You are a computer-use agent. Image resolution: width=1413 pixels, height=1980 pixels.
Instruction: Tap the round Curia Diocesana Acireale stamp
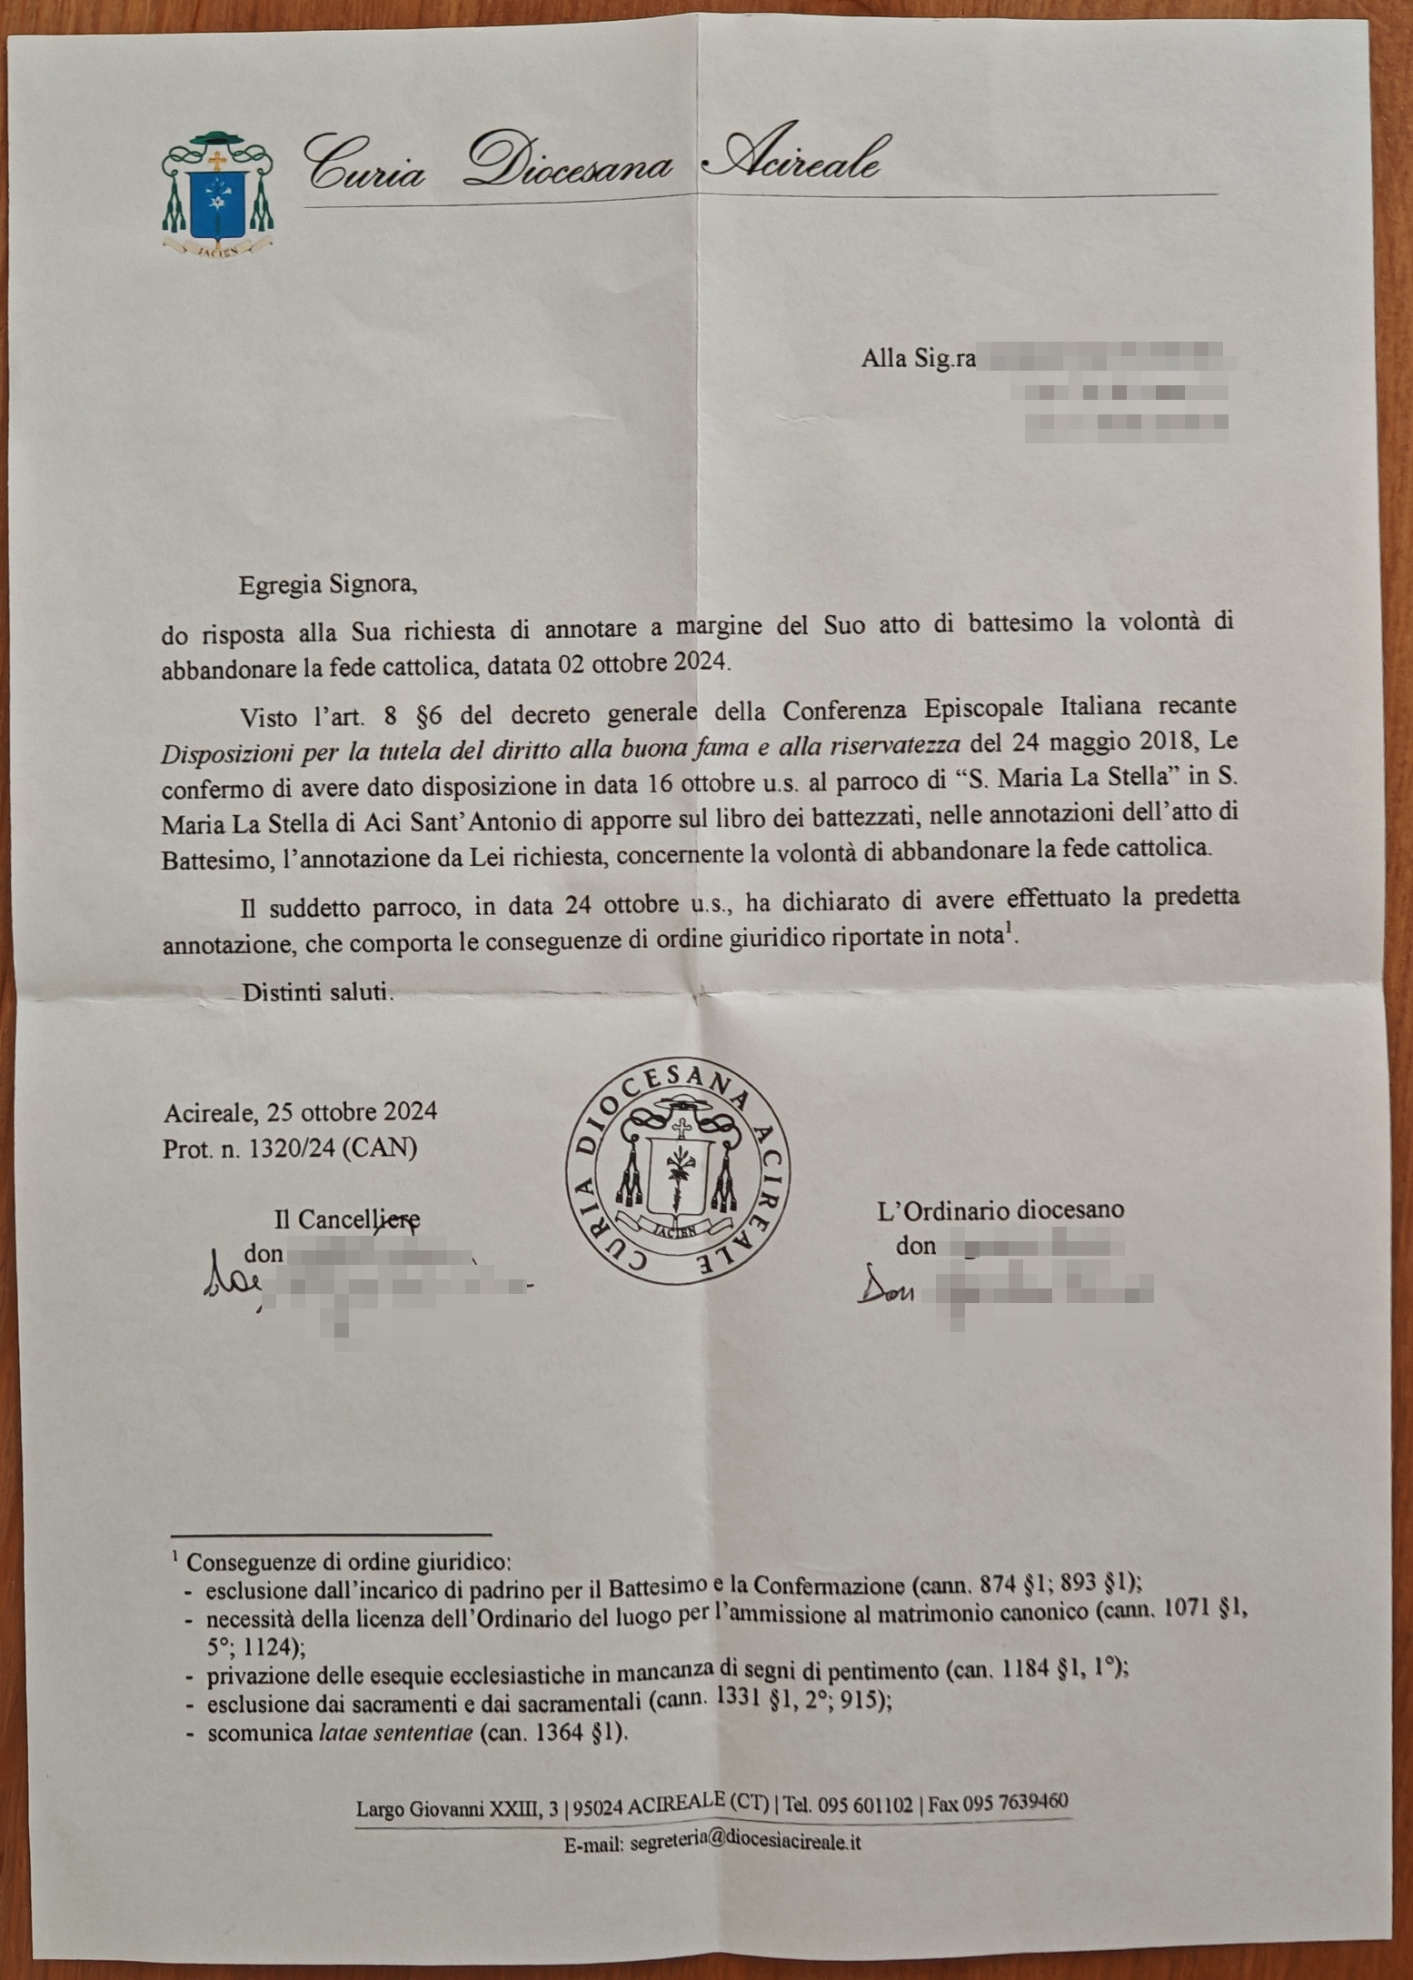click(678, 1171)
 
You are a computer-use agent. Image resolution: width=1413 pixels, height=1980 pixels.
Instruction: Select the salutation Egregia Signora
click(327, 583)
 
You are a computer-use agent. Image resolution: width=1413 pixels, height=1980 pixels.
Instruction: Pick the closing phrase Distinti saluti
click(317, 991)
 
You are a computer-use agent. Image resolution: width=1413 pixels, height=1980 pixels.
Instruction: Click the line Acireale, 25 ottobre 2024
click(300, 1111)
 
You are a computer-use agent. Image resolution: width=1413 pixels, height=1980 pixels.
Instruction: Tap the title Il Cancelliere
click(347, 1219)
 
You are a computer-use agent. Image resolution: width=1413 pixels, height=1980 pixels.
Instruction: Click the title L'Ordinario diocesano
click(1000, 1210)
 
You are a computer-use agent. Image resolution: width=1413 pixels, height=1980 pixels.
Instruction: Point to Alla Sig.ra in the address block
click(918, 359)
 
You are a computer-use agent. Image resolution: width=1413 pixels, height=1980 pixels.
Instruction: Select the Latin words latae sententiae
click(395, 1732)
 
